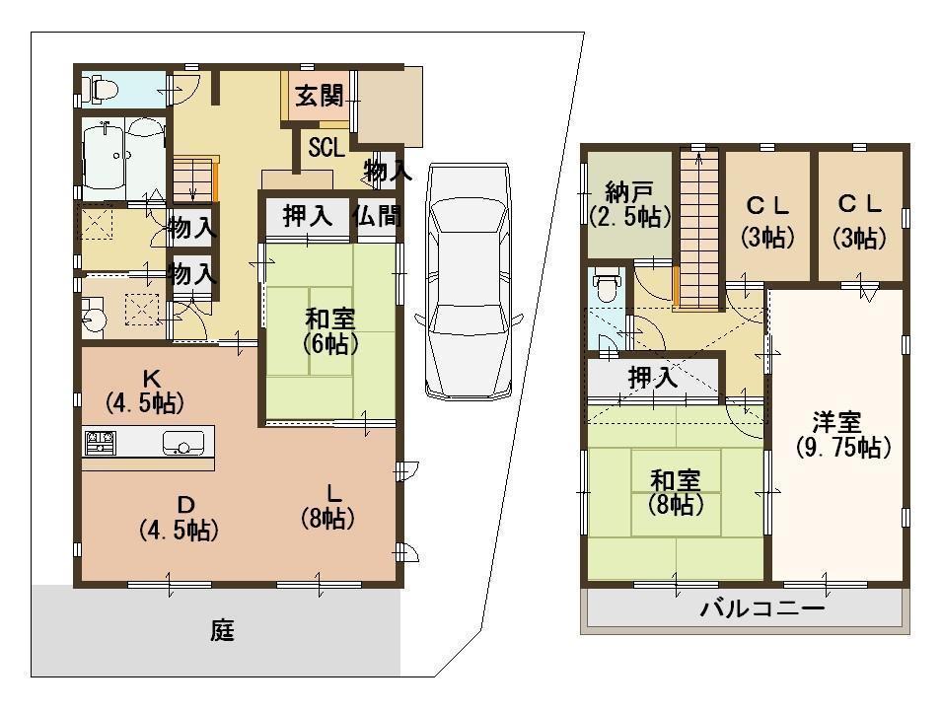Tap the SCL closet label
(x=326, y=148)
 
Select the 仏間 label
(x=376, y=216)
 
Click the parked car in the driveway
(x=469, y=281)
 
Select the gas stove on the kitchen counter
(x=101, y=443)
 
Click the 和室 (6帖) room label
(x=329, y=331)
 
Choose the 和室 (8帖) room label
(x=675, y=493)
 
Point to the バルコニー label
(x=761, y=609)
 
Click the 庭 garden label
(x=222, y=631)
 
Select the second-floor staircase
(x=699, y=227)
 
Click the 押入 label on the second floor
(x=652, y=376)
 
